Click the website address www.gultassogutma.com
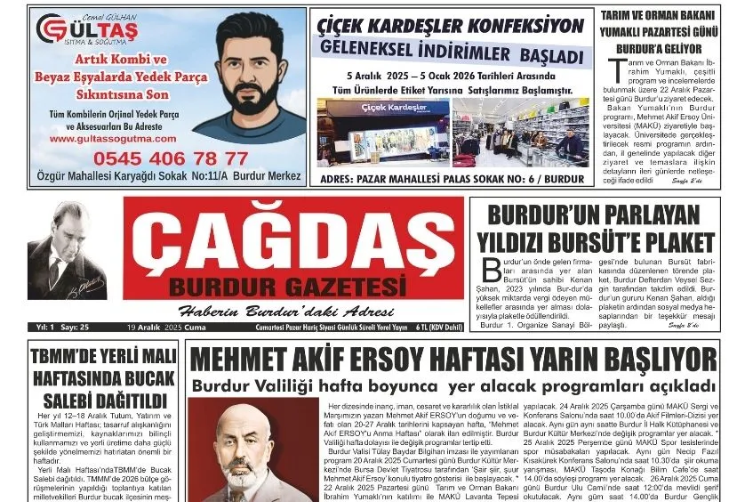click(106, 139)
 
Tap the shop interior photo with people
click(521, 132)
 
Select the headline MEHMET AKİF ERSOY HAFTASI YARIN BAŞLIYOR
click(453, 360)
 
